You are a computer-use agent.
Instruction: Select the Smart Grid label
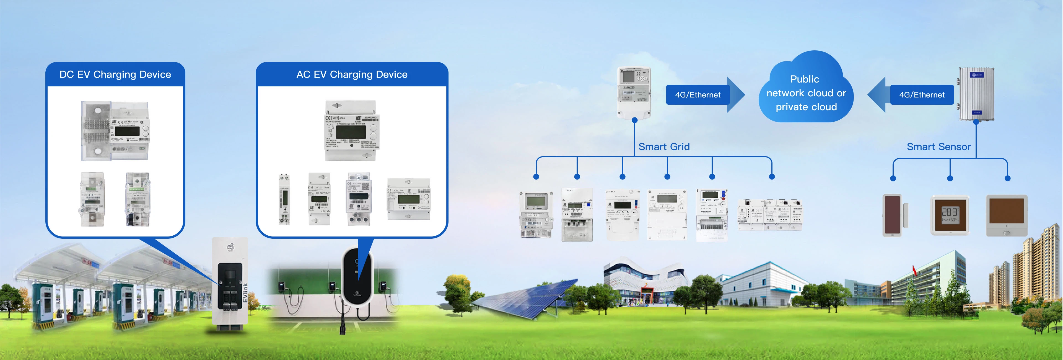664,146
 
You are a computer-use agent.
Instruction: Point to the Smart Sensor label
938,146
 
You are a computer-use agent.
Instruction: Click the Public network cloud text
806,93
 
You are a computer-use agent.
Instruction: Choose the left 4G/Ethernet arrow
704,94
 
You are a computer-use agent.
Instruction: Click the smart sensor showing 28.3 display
950,215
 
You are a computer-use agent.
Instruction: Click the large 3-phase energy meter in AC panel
352,130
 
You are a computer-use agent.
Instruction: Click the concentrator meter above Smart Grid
634,92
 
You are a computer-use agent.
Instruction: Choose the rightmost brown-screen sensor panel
1007,215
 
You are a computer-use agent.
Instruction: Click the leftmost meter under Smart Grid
536,215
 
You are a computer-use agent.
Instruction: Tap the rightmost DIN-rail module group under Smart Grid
770,215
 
